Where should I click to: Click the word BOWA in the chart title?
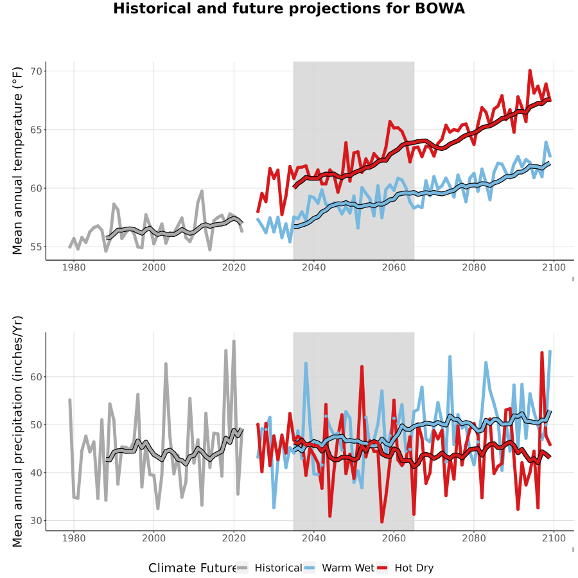(x=439, y=8)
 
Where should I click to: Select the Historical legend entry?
(x=270, y=568)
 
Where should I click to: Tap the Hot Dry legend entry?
(x=405, y=568)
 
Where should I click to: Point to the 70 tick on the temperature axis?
(x=37, y=71)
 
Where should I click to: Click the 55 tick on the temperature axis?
(x=37, y=247)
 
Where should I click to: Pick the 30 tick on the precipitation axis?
(x=37, y=520)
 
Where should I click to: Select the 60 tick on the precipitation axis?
(x=37, y=377)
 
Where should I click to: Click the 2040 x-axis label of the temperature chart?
(x=313, y=267)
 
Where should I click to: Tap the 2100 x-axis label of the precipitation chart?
(x=554, y=538)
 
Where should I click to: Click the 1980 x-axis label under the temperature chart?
(x=74, y=267)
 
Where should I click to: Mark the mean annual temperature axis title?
(x=17, y=161)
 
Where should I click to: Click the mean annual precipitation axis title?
(x=17, y=432)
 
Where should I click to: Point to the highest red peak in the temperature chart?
(x=530, y=71)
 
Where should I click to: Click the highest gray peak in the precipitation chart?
(x=234, y=342)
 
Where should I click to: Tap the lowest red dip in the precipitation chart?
(x=382, y=521)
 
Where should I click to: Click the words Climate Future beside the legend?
(x=193, y=568)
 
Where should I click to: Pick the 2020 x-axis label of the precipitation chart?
(x=234, y=538)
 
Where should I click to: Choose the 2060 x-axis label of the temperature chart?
(x=394, y=267)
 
